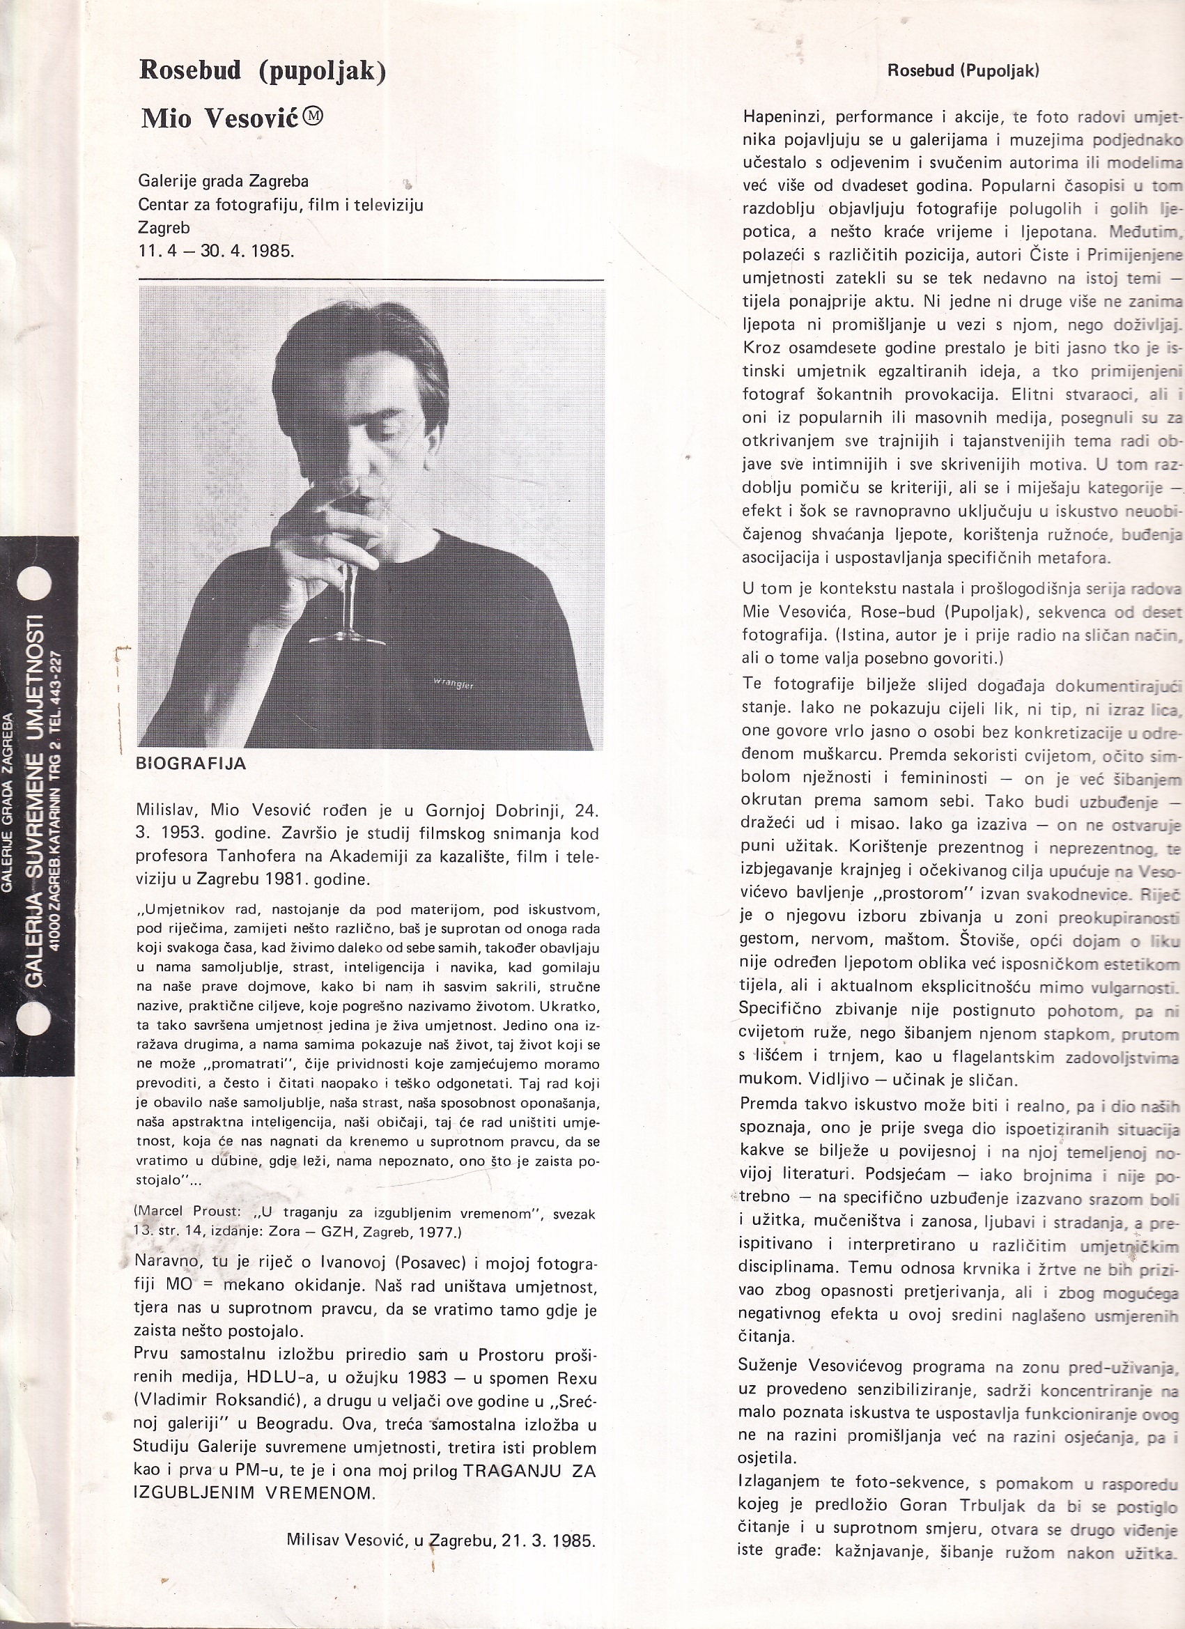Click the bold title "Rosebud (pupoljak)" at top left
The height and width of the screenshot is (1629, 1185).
point(263,70)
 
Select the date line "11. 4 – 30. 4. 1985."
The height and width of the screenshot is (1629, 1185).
point(216,252)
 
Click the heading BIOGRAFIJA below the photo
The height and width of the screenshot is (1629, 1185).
point(191,764)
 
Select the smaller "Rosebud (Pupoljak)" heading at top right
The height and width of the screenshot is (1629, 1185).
point(963,70)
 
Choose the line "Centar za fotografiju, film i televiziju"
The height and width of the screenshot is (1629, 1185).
point(281,205)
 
